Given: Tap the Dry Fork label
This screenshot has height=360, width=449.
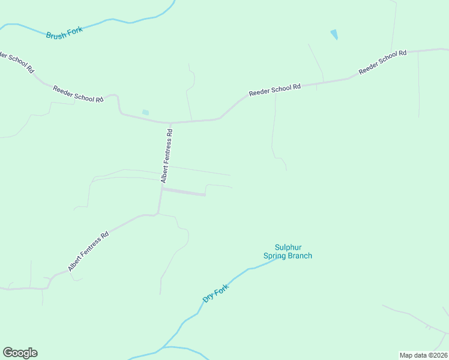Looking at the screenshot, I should coord(217,290).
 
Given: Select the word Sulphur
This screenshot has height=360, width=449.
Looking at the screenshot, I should coord(288,247).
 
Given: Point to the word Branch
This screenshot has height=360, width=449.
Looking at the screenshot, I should coord(299,256).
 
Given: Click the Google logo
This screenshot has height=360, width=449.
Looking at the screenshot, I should coord(20,353).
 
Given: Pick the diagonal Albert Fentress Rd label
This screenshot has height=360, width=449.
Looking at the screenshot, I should coord(88,251).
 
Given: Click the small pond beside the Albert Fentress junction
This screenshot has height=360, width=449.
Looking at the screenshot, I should coord(145,112).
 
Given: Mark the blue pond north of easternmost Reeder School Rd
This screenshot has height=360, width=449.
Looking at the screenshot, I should coord(334,35).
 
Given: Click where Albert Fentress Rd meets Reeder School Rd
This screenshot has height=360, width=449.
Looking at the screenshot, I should coord(171,122).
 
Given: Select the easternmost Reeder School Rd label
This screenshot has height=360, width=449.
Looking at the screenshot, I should coord(382,62).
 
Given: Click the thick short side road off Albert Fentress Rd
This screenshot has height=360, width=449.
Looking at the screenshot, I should coord(184,191).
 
